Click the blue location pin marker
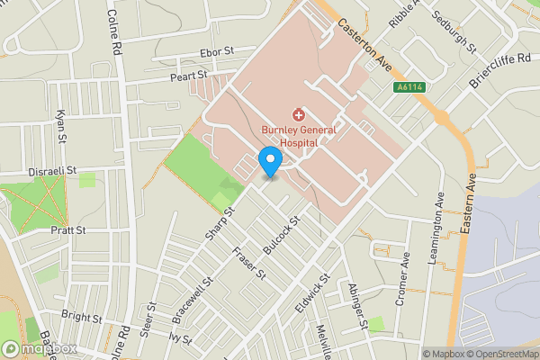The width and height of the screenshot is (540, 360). click(269, 162)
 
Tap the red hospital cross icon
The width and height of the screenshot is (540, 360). click(298, 114)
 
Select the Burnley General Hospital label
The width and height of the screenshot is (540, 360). click(298, 136)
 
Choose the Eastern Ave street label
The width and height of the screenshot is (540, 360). click(469, 206)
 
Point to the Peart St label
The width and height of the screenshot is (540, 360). click(189, 77)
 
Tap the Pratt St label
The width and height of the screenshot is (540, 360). click(67, 230)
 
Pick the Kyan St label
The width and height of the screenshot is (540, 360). click(61, 127)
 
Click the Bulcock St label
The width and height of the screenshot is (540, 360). click(281, 232)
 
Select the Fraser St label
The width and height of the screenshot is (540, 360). click(249, 262)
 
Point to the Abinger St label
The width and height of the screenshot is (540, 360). click(357, 304)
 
